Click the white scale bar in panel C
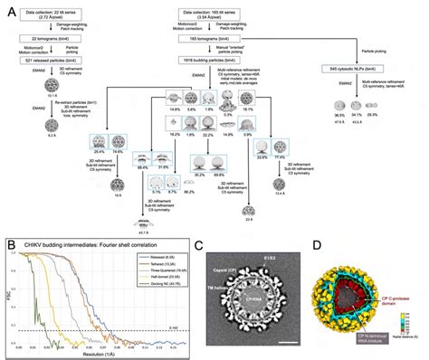(285, 342)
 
